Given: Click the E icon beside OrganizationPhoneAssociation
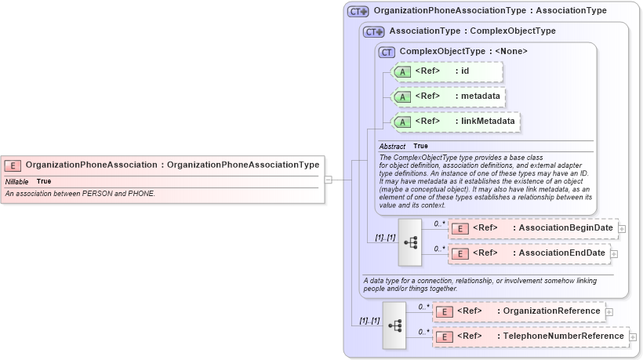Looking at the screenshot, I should [13, 165].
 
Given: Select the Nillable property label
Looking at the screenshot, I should [16, 181].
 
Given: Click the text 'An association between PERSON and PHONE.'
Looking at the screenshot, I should [80, 193].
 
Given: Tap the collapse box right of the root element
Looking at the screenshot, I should [329, 180].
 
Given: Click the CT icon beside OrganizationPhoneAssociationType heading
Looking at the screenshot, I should [358, 12].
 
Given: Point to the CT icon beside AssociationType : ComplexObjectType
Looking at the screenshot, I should [374, 32].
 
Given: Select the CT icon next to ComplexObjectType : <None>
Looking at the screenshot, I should [387, 52].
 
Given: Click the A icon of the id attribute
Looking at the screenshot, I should [402, 71].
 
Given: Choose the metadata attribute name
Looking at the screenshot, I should [481, 96].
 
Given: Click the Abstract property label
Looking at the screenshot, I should [392, 147].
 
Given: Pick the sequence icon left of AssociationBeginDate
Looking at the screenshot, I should [410, 242].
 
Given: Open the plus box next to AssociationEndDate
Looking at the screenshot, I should [614, 254].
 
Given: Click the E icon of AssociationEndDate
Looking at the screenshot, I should [461, 253].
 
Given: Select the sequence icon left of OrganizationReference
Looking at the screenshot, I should [394, 325].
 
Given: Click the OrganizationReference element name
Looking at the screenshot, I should [552, 311].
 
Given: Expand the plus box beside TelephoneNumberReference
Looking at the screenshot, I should [634, 337].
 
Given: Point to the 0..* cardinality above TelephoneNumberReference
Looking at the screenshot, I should [423, 331].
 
